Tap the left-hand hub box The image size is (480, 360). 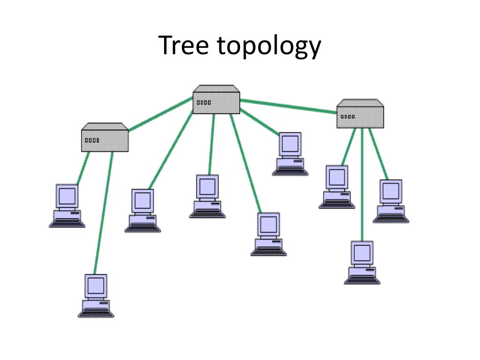(105, 139)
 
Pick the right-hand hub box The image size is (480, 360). (360, 115)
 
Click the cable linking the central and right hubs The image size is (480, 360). (288, 106)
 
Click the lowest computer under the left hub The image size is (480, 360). (96, 296)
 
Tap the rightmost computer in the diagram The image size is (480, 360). (391, 201)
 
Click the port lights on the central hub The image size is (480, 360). (204, 102)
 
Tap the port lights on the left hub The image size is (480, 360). (92, 140)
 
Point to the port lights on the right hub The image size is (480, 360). (348, 116)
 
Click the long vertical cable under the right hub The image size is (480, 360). (362, 187)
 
